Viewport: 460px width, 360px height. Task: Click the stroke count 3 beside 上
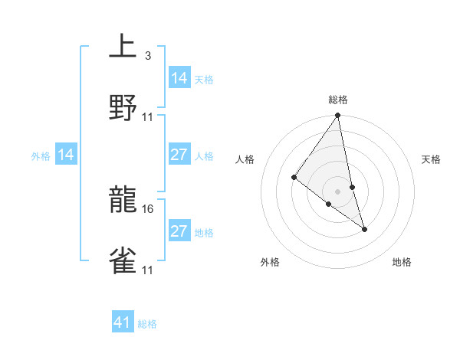147,56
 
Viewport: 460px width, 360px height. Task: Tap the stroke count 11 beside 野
148,116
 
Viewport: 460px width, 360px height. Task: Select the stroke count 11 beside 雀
148,270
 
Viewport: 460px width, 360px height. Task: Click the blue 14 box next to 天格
179,78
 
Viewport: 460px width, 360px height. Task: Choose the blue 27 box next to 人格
179,155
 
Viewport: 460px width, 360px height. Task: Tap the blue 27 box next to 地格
179,231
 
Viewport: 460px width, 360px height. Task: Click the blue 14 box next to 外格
66,155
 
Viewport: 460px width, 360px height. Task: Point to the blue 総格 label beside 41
147,324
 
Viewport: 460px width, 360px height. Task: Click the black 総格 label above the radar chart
338,100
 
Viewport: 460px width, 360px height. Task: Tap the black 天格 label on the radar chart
432,159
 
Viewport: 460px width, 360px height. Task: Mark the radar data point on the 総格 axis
338,116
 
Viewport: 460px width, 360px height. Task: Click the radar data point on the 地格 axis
364,228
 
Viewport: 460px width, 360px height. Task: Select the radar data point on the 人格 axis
294,177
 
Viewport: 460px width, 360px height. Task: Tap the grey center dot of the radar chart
338,191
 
